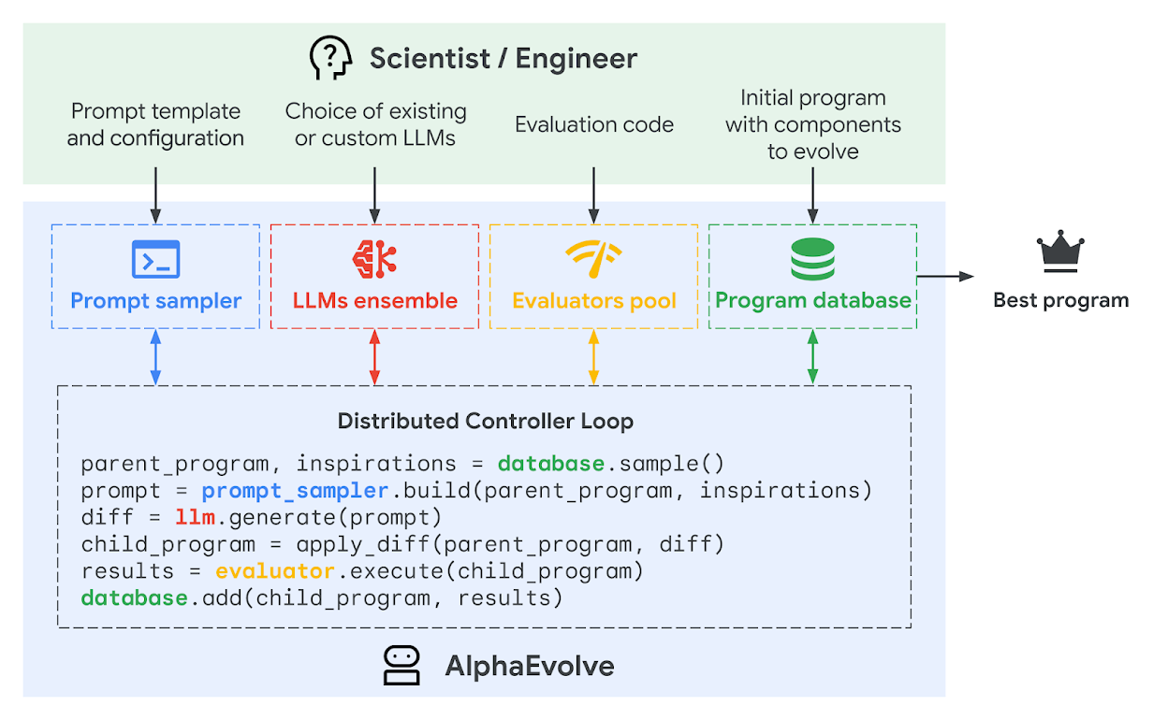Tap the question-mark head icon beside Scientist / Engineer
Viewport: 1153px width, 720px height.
tap(331, 59)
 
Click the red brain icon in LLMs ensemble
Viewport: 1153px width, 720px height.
tap(374, 259)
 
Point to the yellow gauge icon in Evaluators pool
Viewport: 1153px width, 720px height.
tap(593, 259)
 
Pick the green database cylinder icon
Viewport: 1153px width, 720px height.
tap(811, 259)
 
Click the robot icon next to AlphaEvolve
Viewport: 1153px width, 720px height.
tap(402, 666)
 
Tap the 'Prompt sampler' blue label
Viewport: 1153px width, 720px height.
tap(155, 301)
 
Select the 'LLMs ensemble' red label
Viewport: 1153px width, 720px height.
tap(374, 301)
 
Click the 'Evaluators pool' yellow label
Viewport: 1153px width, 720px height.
tap(593, 301)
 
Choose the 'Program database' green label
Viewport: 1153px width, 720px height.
tap(812, 300)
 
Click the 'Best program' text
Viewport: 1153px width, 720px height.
tap(1060, 300)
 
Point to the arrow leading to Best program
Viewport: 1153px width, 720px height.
tap(945, 276)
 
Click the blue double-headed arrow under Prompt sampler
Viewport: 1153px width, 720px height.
tap(155, 357)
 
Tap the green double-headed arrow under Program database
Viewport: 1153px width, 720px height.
tap(812, 357)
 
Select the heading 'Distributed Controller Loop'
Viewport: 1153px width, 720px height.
tap(485, 421)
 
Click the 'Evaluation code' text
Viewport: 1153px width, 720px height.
tap(593, 124)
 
